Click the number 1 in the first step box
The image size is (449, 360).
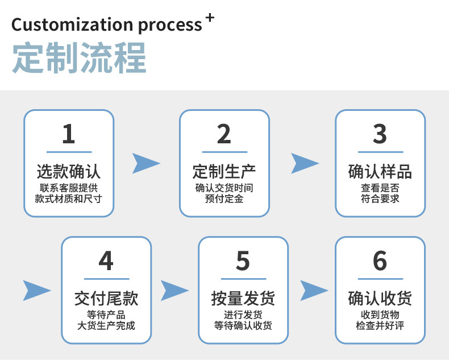pos(68,134)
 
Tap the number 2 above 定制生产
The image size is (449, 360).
pos(224,134)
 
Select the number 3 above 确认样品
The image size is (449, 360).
pos(380,134)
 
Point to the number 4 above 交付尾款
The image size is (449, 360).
pos(106,261)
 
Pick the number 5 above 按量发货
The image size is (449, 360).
pos(243,261)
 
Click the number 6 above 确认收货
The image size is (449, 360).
pos(380,261)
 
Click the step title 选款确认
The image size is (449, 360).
pos(68,171)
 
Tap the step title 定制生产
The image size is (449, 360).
pos(224,171)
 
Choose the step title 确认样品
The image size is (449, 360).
pos(380,171)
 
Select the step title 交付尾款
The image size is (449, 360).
pos(106,297)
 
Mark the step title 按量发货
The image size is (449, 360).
pos(243,297)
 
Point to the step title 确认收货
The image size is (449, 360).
pos(380,297)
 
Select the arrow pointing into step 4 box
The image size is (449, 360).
pos(36,290)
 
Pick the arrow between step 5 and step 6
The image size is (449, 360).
pos(314,290)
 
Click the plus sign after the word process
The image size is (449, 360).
pos(210,18)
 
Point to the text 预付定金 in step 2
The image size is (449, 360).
pos(224,199)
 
